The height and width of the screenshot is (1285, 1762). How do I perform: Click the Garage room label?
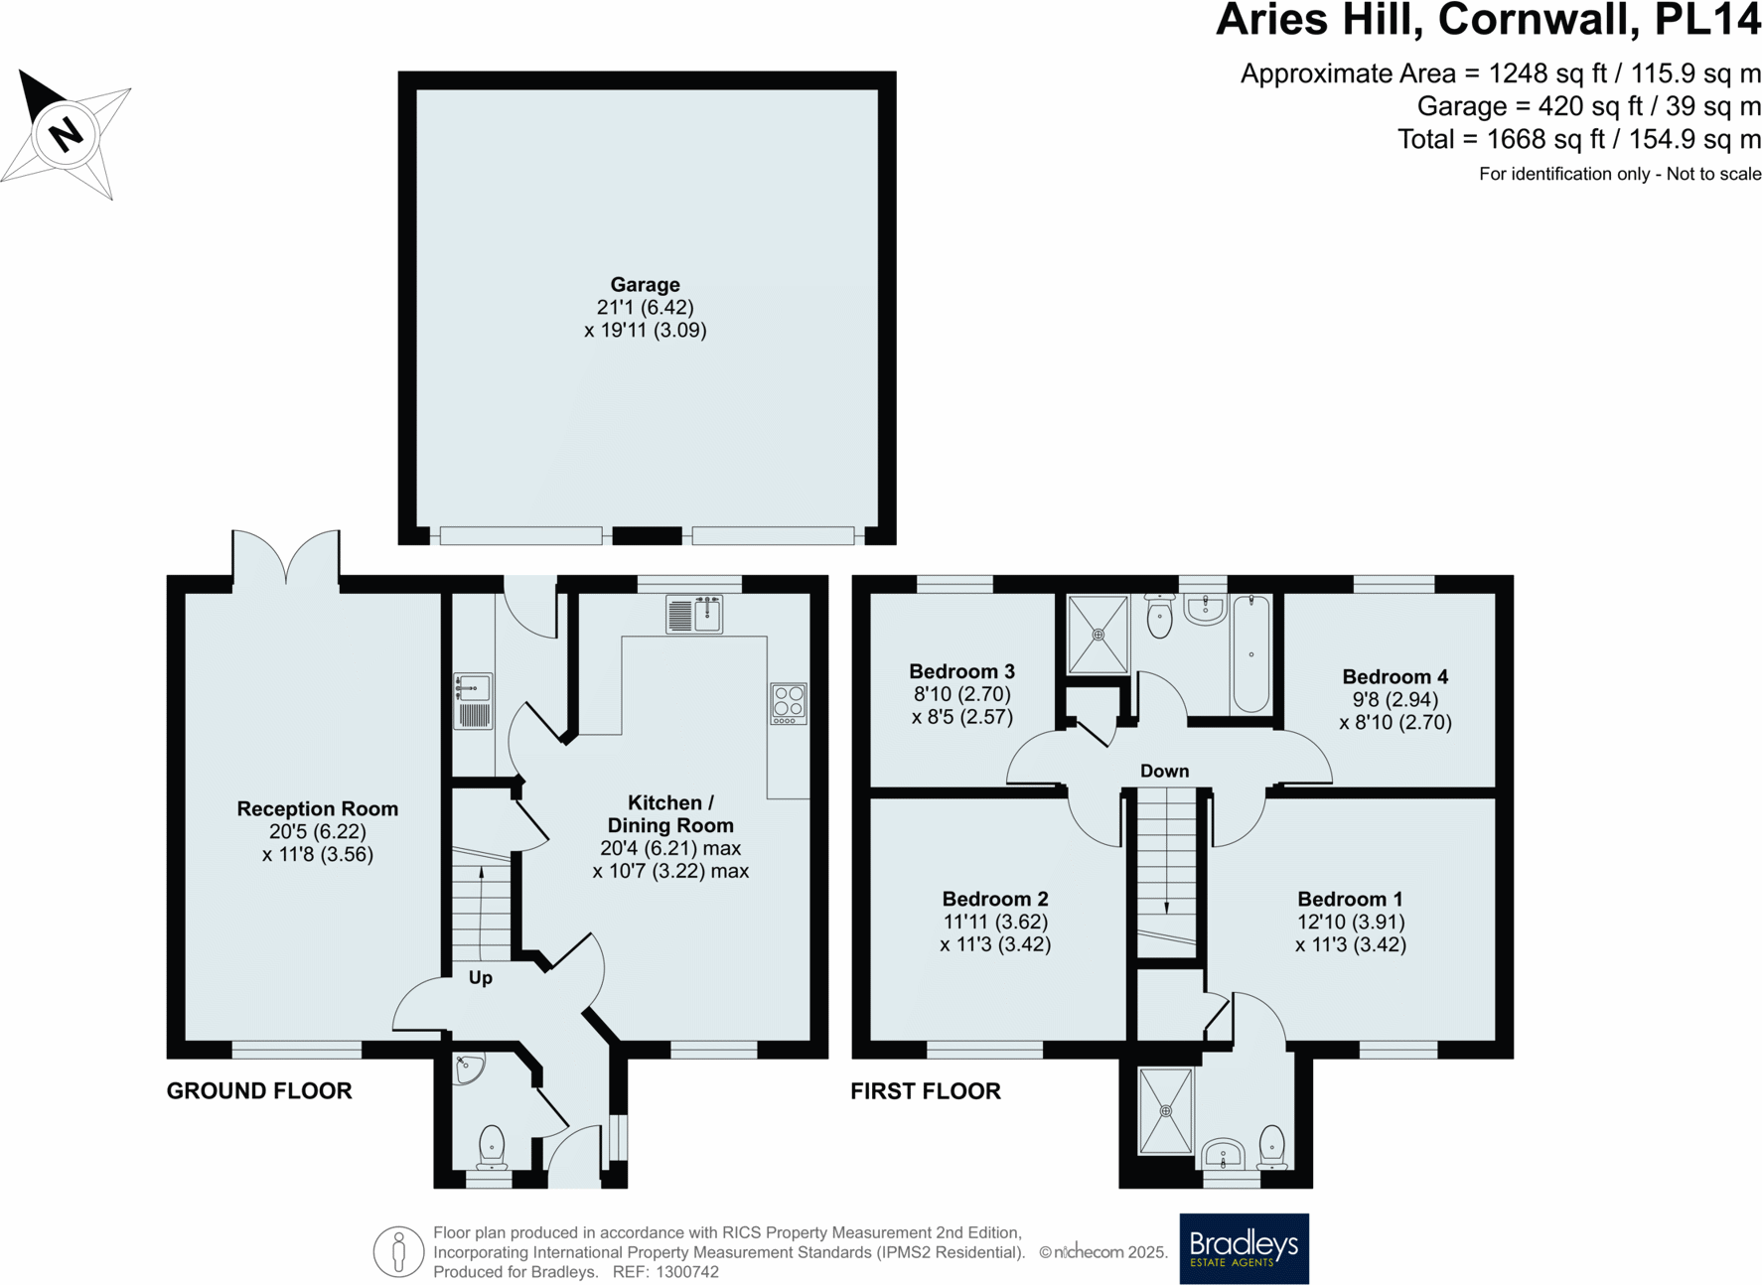point(645,285)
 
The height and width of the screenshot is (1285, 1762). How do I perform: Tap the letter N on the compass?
point(66,133)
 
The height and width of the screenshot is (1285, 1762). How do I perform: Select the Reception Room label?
point(317,809)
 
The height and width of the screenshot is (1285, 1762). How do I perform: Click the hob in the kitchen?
point(789,702)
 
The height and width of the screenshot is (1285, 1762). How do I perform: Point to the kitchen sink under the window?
point(693,614)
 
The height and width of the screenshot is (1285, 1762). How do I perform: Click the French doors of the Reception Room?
point(286,559)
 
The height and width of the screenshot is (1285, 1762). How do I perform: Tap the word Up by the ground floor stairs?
point(480,978)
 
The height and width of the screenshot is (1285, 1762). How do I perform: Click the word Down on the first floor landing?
point(1164,772)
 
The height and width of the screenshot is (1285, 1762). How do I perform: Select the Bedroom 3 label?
point(961,672)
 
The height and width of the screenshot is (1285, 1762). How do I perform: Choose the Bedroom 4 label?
point(1395,677)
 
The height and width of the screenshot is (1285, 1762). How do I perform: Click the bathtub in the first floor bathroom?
point(1251,652)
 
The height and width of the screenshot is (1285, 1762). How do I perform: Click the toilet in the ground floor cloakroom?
point(492,1146)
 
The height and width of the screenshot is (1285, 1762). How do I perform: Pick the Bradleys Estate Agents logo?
point(1244,1248)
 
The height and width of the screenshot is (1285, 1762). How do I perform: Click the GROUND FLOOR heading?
point(259,1091)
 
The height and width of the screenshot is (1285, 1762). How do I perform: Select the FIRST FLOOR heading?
point(926,1091)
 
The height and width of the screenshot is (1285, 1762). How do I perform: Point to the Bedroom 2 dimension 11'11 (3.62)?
point(995,922)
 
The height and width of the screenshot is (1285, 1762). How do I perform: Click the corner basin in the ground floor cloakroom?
point(468,1068)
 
